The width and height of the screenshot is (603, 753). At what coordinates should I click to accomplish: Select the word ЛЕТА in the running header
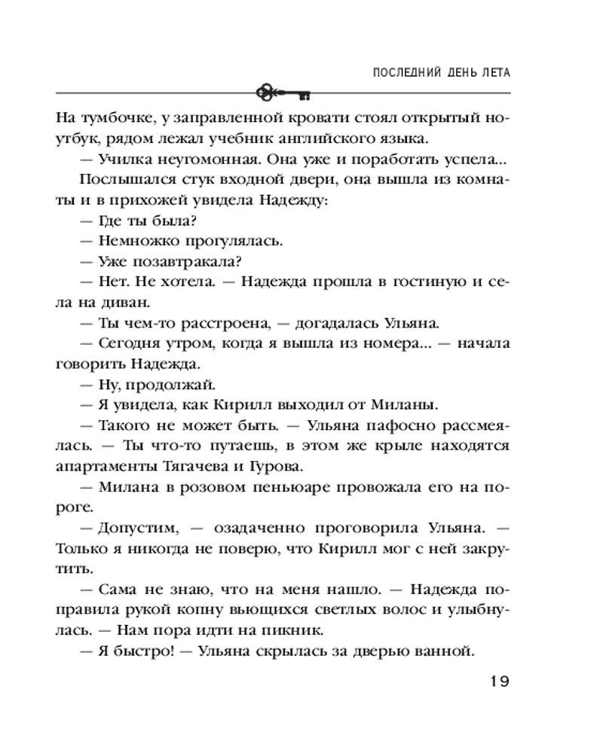click(493, 73)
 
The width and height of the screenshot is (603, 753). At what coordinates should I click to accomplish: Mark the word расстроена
click(222, 323)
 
